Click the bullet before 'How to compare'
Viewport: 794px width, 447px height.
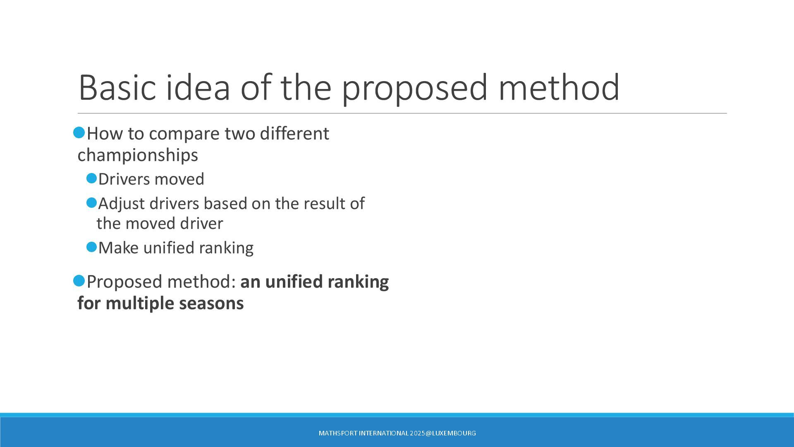point(79,133)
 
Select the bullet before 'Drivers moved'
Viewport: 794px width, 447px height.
point(91,178)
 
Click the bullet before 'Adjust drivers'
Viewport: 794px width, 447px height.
point(91,203)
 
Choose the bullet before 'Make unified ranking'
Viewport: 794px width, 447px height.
point(91,247)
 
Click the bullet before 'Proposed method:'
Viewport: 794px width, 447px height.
point(79,281)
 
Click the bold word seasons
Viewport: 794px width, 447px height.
point(211,304)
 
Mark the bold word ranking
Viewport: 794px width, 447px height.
point(358,282)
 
